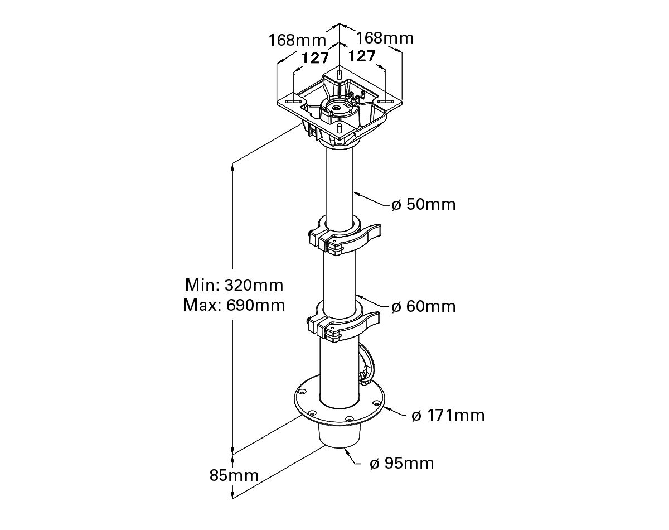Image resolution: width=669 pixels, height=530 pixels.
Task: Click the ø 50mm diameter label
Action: (423, 205)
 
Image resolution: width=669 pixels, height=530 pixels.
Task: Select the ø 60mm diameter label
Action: (423, 306)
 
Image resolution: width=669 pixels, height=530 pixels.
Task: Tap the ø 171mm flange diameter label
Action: (448, 416)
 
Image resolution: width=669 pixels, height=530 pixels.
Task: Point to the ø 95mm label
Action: (401, 464)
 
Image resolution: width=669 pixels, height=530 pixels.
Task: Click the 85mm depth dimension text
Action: (234, 475)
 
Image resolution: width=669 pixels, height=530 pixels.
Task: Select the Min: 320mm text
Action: (234, 285)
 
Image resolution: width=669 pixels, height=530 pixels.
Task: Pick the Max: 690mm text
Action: (234, 305)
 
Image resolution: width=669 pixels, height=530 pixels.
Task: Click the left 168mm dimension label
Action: (297, 40)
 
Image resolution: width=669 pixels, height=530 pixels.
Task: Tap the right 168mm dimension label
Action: (385, 38)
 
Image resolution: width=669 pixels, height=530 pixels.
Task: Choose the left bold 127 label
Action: (315, 58)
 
